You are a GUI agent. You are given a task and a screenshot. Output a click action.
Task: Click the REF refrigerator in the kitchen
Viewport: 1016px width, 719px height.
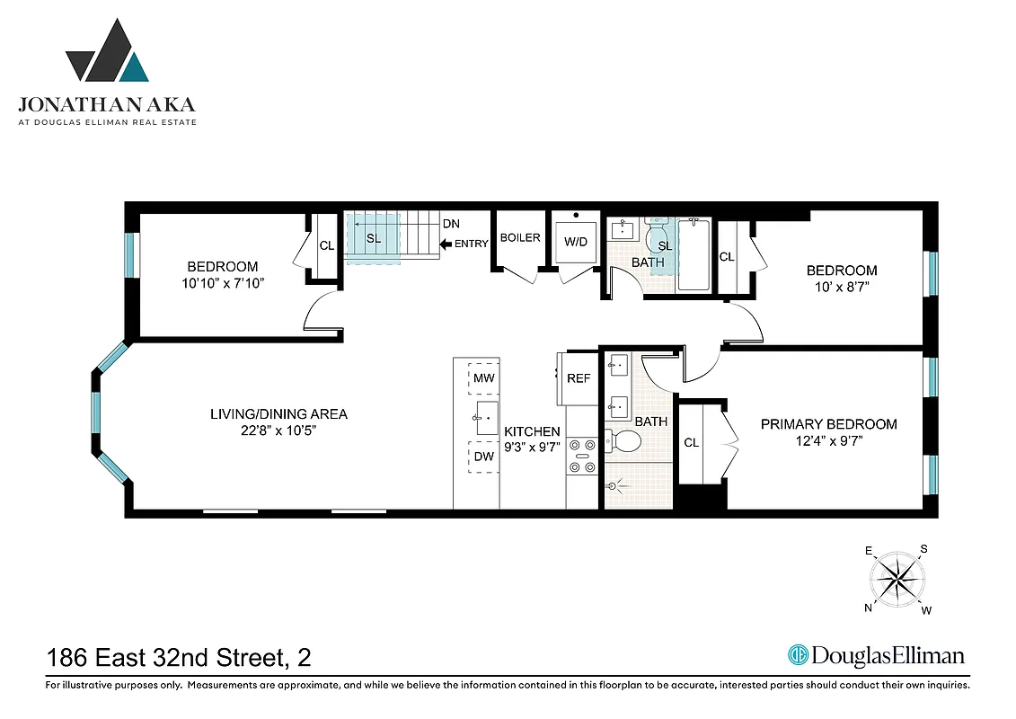[x=579, y=377]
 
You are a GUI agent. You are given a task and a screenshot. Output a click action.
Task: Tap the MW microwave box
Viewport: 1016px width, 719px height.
[x=484, y=377]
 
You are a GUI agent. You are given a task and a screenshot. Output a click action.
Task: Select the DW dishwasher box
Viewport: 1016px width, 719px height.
[x=484, y=457]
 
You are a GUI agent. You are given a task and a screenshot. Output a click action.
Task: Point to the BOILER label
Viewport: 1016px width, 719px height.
[x=520, y=238]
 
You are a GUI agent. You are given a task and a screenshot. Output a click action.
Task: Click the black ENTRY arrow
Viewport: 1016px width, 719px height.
[x=445, y=244]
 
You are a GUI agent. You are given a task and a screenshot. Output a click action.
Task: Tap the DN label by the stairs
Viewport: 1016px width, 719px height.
[x=453, y=224]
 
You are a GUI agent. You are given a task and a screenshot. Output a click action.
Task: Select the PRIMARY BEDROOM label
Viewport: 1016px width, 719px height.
[x=828, y=424]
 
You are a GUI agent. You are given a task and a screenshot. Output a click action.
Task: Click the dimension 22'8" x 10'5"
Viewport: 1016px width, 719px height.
[x=278, y=431]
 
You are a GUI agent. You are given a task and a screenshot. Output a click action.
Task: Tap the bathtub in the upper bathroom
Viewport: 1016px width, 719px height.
[x=693, y=255]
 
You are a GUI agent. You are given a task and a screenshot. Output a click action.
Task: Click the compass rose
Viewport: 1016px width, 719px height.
[x=897, y=579]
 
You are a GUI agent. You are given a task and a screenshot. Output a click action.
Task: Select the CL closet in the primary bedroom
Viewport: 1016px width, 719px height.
[x=692, y=443]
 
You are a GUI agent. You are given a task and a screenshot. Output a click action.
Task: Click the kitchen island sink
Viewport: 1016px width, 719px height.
[x=485, y=417]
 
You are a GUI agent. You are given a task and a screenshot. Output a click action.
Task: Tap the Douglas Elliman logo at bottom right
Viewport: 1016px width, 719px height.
[x=876, y=655]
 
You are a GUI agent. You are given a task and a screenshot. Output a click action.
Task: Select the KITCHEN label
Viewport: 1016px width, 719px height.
[x=532, y=432]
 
